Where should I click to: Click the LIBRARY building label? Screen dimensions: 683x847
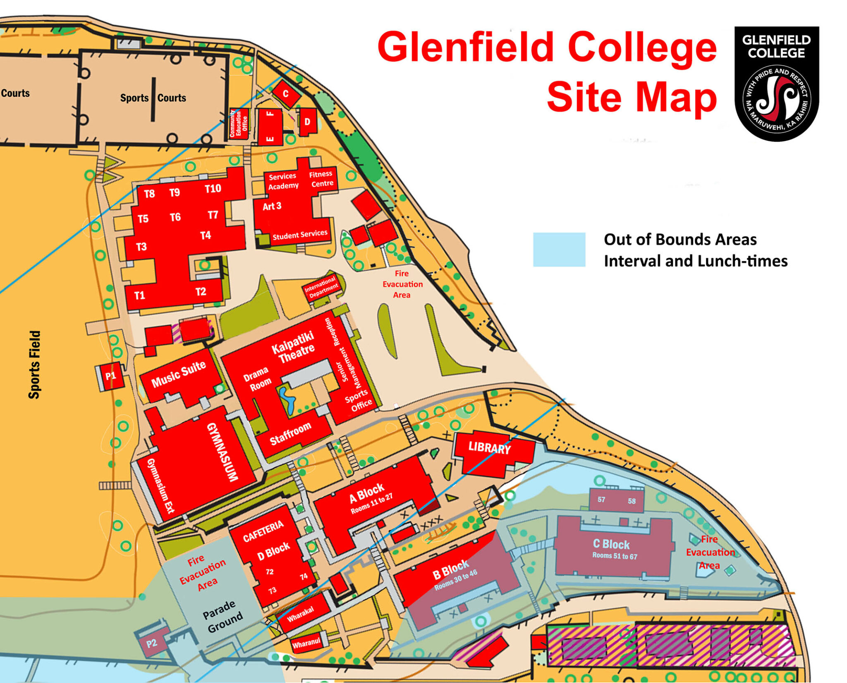[x=489, y=448]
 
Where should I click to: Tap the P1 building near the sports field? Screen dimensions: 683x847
[x=110, y=376]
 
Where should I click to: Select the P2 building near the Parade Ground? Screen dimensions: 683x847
[x=152, y=643]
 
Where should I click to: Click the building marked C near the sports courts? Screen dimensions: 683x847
[x=285, y=94]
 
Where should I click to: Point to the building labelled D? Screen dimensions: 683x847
[x=307, y=121]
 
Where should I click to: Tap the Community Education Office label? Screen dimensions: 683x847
[x=239, y=123]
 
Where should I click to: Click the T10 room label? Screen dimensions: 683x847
[x=213, y=189]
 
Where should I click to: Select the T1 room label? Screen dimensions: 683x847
[x=140, y=295]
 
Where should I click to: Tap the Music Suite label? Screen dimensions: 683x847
[x=179, y=374]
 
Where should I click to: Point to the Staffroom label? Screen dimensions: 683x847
[x=290, y=433]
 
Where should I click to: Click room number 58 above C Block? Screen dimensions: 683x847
[x=632, y=501]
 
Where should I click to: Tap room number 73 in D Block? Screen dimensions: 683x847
[x=272, y=590]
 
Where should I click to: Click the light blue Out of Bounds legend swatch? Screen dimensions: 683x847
[x=559, y=249]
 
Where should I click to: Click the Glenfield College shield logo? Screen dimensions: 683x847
[x=776, y=84]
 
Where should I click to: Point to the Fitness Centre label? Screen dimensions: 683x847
[x=322, y=178]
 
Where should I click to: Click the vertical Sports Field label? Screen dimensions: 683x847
[x=35, y=364]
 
